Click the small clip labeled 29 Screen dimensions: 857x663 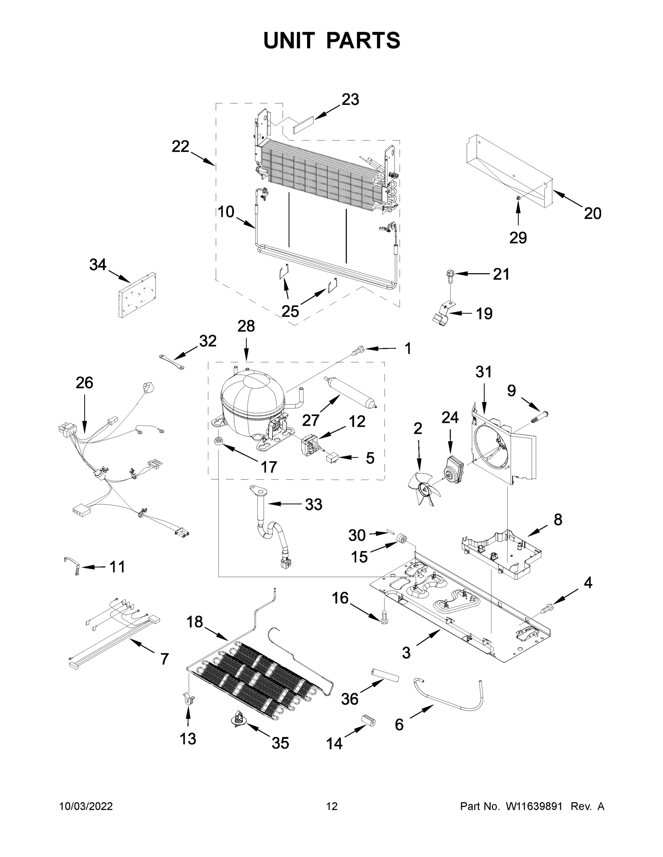[x=519, y=198]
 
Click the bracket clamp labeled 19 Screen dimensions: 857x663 [x=442, y=317]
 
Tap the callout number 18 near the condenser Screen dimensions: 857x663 [x=194, y=622]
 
